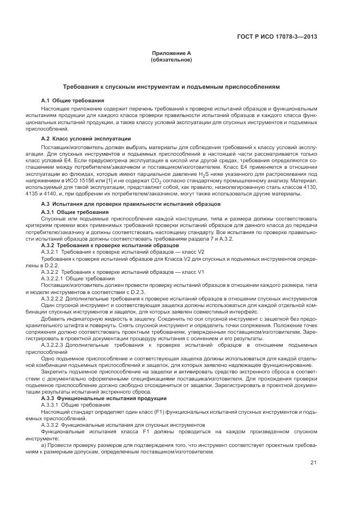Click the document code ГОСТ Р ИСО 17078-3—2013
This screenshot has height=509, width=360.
coord(284,38)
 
